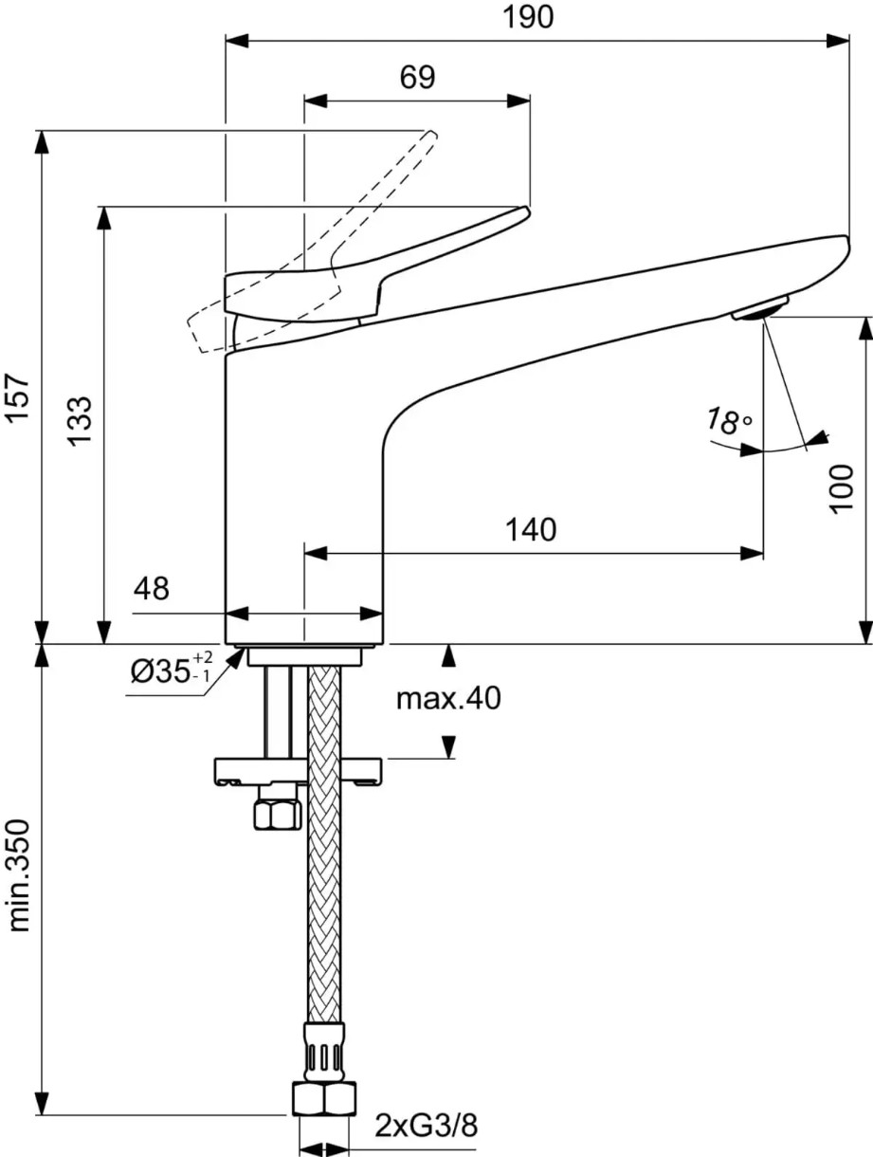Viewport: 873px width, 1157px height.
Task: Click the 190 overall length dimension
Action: point(528,17)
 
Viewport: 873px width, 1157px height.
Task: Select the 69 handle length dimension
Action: point(417,78)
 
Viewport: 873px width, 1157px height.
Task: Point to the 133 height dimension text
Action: point(80,422)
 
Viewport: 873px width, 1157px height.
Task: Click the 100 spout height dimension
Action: point(841,488)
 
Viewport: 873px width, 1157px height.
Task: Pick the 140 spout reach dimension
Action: point(531,530)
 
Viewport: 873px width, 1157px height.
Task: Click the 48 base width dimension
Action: point(152,588)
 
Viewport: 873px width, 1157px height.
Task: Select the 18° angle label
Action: point(730,421)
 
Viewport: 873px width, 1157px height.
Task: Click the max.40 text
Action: point(448,699)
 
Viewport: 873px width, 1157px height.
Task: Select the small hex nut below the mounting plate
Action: point(277,815)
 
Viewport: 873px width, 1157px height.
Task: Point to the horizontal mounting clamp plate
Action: point(298,772)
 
